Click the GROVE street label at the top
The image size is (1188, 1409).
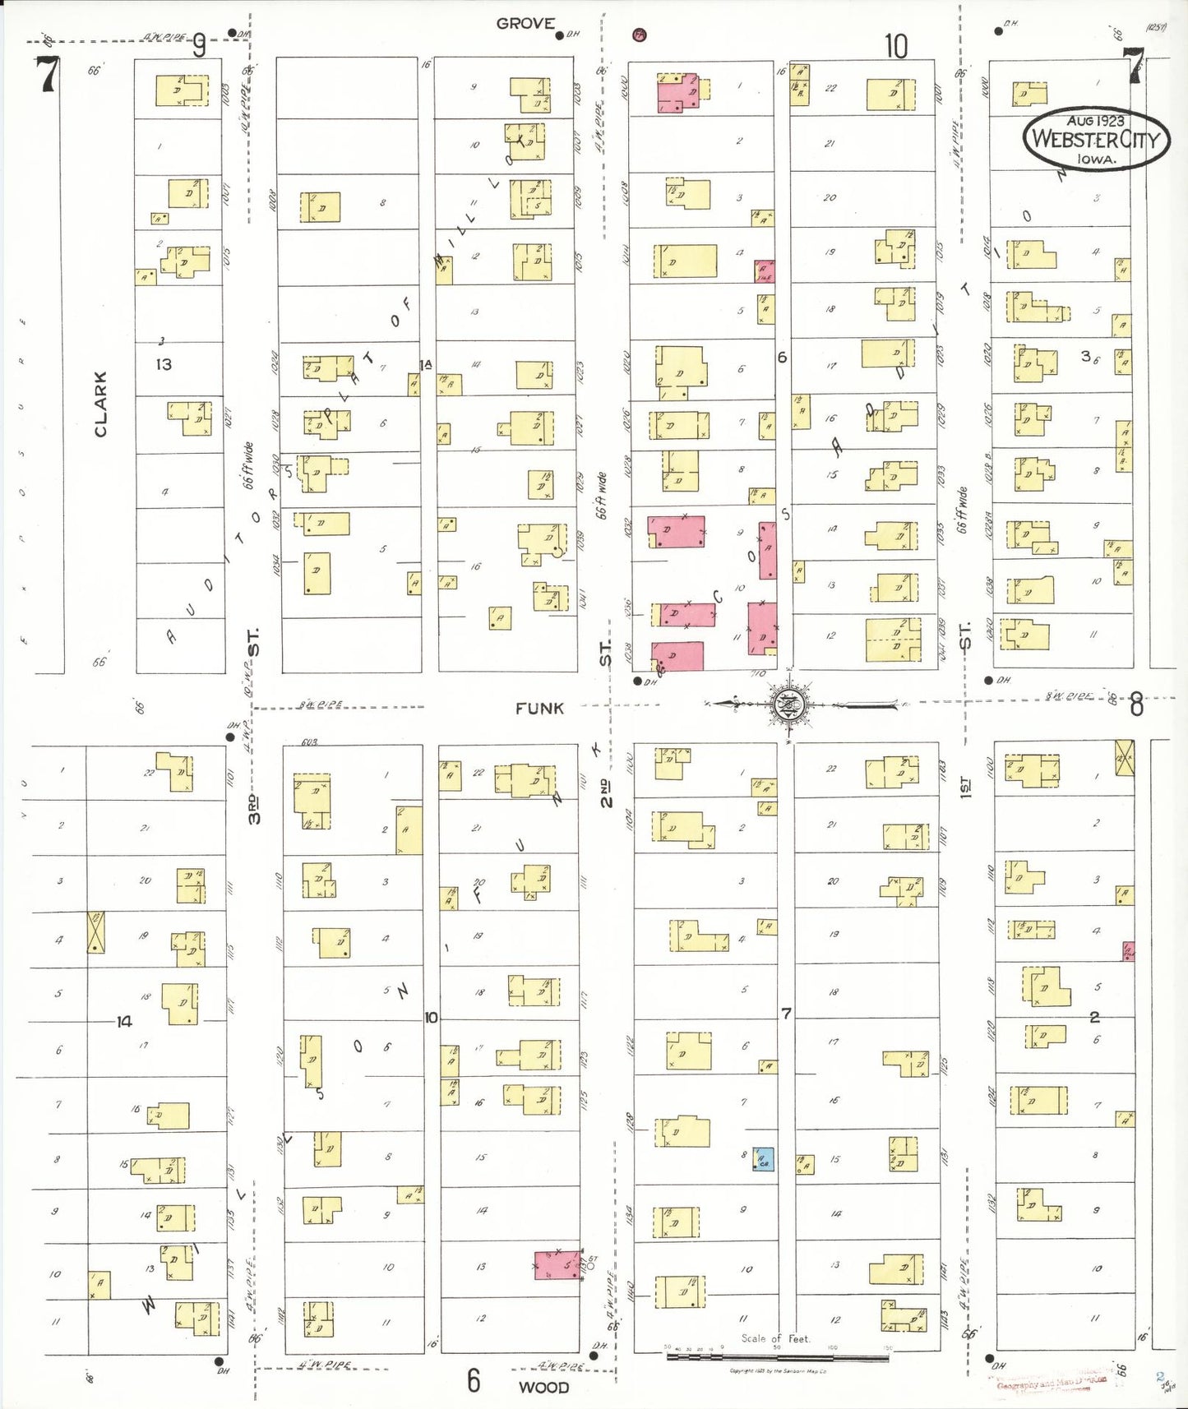pos(525,24)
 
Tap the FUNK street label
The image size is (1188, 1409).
pos(539,709)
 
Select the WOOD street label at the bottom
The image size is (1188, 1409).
pos(543,1388)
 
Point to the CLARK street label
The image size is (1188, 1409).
pos(100,404)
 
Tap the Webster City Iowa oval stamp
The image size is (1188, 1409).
pos(1096,139)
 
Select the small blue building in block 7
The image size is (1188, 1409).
pos(764,1159)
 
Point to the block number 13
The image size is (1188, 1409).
pos(164,364)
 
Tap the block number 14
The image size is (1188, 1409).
pos(123,1021)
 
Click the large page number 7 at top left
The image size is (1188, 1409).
pos(48,75)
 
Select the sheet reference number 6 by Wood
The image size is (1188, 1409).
pos(474,1380)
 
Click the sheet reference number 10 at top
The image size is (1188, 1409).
pos(895,46)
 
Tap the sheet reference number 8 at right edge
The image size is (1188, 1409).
pos(1135,704)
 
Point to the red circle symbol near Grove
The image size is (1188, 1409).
pos(639,35)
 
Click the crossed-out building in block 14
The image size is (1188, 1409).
pos(96,932)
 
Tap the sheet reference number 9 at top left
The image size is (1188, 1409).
pos(198,47)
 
